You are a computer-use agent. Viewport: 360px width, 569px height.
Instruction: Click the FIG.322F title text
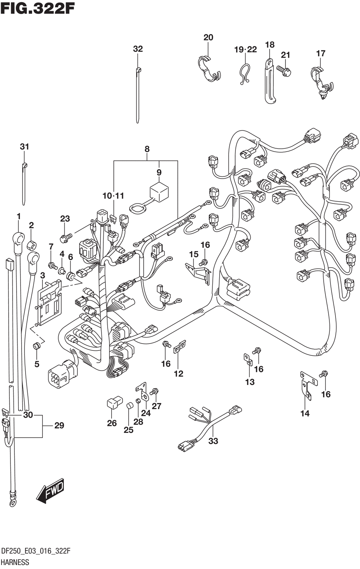click(37, 10)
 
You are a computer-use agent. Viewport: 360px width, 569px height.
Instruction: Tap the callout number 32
click(138, 49)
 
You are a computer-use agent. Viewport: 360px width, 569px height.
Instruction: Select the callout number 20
click(208, 37)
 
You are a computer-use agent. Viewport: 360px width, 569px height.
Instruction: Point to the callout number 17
click(321, 53)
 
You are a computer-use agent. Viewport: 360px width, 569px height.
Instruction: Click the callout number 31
click(24, 147)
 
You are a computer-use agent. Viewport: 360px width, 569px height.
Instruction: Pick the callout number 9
click(159, 173)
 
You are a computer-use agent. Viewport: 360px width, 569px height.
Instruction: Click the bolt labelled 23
click(66, 238)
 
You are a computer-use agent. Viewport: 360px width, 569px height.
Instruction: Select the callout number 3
click(42, 275)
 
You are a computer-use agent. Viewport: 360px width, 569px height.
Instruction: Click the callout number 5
click(37, 364)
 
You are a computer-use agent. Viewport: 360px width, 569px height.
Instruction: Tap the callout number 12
click(179, 374)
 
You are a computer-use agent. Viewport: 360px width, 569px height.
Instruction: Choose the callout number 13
click(250, 382)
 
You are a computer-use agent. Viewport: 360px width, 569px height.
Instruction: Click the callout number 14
click(305, 413)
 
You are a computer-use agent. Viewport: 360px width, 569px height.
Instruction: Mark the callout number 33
click(213, 441)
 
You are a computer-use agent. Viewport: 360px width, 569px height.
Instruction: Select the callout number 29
click(59, 425)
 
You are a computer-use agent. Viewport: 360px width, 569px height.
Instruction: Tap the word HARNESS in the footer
click(15, 562)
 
